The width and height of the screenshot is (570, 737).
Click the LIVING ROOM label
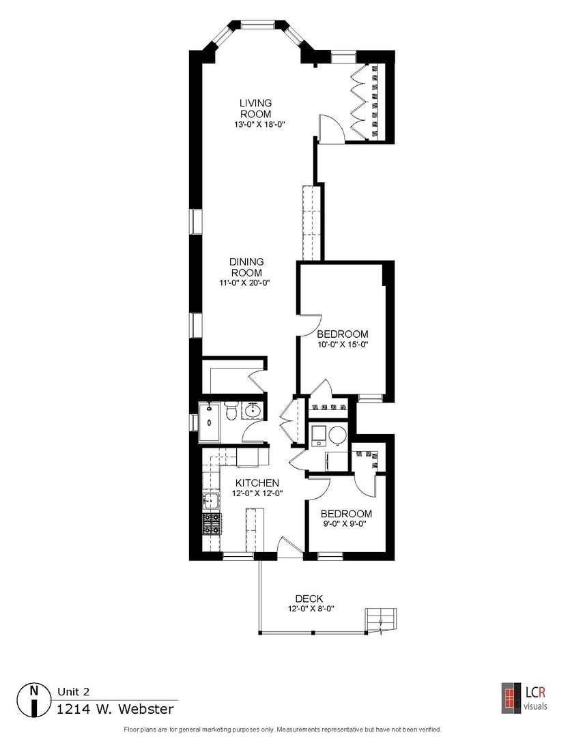point(255,108)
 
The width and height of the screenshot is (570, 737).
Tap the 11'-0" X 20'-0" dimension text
point(246,283)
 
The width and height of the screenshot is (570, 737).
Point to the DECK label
point(309,598)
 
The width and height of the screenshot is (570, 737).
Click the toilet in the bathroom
point(231,413)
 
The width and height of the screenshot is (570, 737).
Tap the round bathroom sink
point(252,411)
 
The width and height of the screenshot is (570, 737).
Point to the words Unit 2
point(74,691)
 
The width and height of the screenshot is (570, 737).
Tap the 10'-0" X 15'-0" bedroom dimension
point(343,345)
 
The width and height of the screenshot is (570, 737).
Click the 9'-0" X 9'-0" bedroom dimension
point(346,524)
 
